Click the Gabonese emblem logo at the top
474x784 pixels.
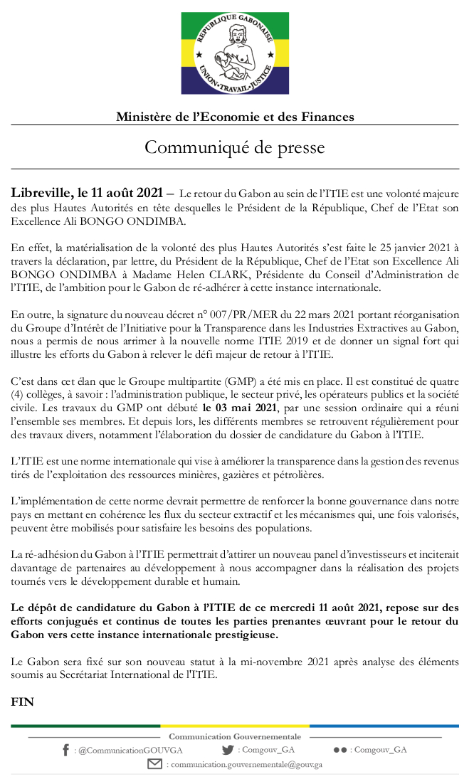tap(235, 53)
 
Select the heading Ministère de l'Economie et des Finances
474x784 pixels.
tap(235, 117)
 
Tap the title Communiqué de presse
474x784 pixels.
tap(235, 147)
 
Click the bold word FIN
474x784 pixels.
tap(23, 701)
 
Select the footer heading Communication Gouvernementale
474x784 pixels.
tap(235, 736)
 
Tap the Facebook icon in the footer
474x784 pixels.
tap(65, 750)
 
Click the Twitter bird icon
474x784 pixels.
tap(228, 750)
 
